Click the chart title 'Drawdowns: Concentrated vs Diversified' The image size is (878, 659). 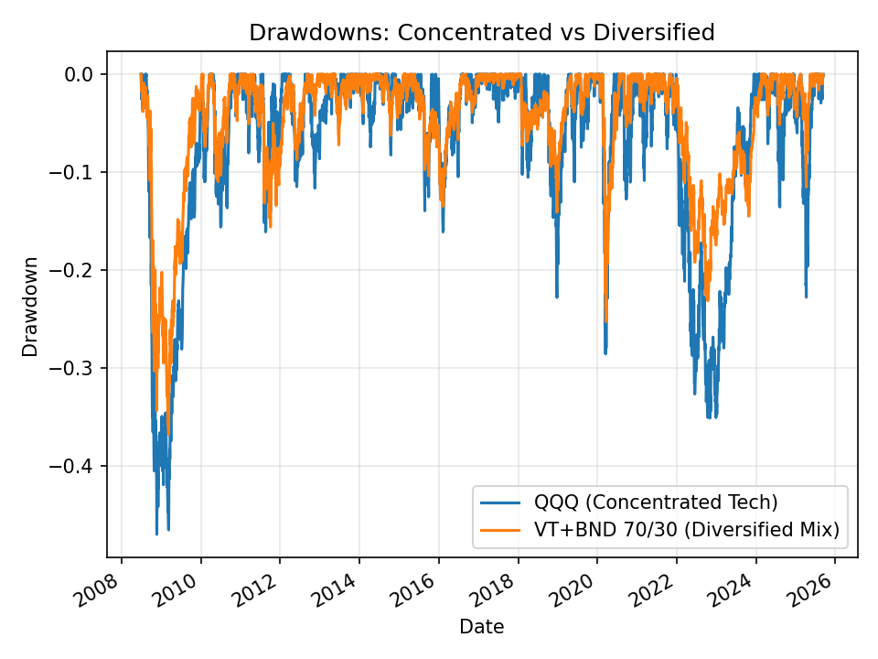(x=481, y=33)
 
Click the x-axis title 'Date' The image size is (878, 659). (x=481, y=627)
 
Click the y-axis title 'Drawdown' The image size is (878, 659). (x=31, y=306)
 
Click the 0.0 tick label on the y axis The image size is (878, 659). (x=81, y=74)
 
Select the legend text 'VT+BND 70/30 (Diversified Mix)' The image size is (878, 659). (x=686, y=529)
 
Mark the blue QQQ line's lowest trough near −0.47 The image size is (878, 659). (x=156, y=533)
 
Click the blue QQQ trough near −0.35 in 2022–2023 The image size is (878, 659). (x=709, y=417)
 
